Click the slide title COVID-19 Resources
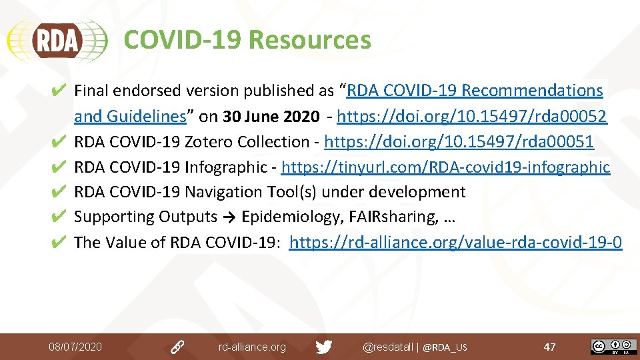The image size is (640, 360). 247,40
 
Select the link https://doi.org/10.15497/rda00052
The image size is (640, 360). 472,117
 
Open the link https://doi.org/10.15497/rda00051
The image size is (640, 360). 459,142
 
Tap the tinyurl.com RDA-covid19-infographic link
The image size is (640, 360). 446,167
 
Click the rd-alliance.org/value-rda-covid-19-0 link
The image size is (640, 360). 456,242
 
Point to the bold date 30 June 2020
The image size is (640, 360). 271,117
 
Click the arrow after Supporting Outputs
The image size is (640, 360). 229,217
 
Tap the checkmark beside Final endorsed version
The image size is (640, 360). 58,91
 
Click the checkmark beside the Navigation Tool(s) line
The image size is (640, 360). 58,192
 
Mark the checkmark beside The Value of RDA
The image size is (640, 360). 58,242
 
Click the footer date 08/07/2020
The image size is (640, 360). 75,347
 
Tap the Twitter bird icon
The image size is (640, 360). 324,347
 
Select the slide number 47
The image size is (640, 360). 549,347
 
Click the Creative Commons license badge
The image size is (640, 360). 613,347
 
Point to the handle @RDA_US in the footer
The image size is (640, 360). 445,347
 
